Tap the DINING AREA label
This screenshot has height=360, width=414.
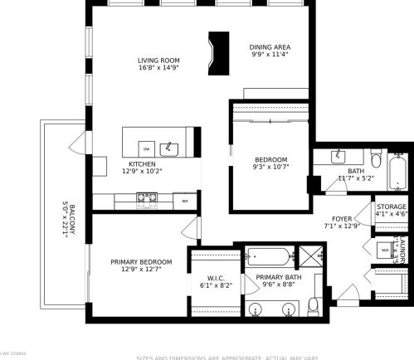[x=269, y=47]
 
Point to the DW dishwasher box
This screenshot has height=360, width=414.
[x=147, y=148]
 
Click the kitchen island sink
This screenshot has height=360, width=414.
[x=171, y=148]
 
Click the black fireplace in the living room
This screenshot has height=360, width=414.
[x=219, y=53]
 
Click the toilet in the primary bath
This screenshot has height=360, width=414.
[x=314, y=306]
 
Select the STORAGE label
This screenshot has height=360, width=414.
[x=392, y=207]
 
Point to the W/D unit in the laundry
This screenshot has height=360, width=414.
[x=385, y=249]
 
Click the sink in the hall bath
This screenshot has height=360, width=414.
[x=339, y=156]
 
